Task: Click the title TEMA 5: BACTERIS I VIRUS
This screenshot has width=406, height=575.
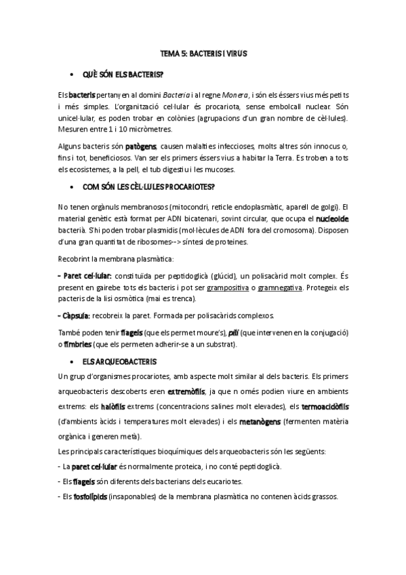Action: pyautogui.click(x=203, y=52)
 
